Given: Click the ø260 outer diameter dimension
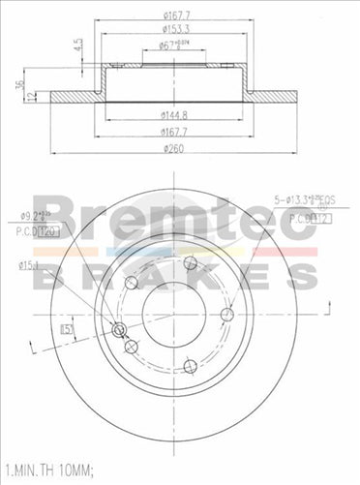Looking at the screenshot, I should click(x=174, y=147).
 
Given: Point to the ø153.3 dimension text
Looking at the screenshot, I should click(x=175, y=29).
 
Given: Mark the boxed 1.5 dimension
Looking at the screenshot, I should click(x=68, y=330).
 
